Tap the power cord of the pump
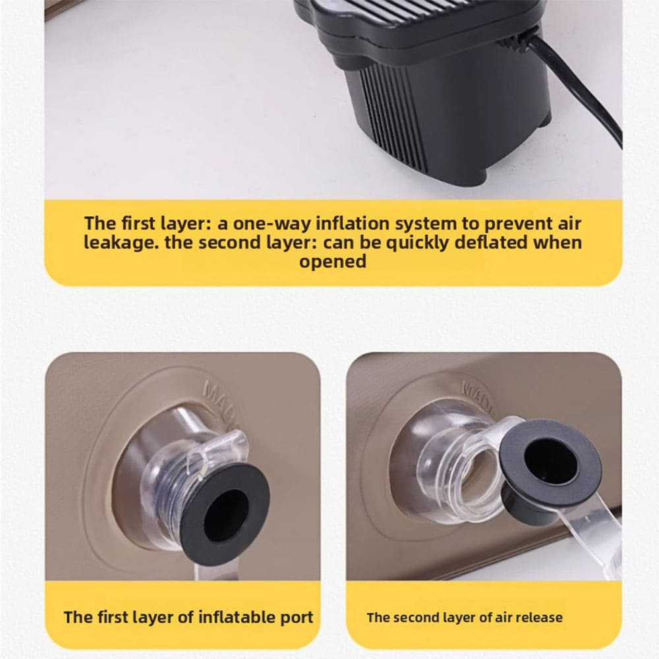(x=576, y=84)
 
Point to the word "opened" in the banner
(x=332, y=262)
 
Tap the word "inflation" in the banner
(x=353, y=223)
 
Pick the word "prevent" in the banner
(x=516, y=224)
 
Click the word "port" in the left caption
(x=297, y=618)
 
